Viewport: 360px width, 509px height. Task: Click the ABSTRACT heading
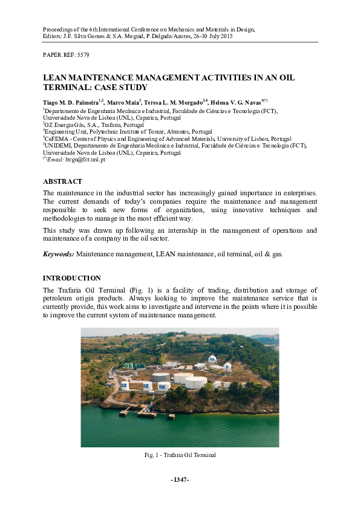[62, 181]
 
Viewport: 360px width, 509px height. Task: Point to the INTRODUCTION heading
[71, 278]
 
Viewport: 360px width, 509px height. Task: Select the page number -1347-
[180, 479]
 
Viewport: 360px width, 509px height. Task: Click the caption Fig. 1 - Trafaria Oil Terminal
[180, 455]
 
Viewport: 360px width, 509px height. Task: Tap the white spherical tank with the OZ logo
[212, 359]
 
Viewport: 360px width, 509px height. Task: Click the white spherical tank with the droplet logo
[227, 366]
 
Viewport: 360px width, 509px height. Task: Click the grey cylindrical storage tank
[161, 377]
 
